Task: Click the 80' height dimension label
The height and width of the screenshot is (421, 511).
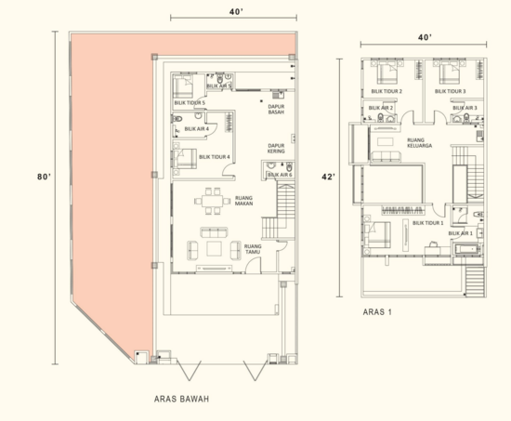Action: tap(39, 177)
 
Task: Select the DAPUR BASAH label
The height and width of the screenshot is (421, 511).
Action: tap(275, 109)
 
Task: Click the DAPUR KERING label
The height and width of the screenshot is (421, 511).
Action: tap(275, 149)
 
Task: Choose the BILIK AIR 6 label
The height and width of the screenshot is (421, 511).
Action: tap(280, 175)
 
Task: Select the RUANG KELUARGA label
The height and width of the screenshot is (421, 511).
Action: tap(415, 145)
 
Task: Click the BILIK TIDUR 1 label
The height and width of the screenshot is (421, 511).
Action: tap(427, 223)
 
